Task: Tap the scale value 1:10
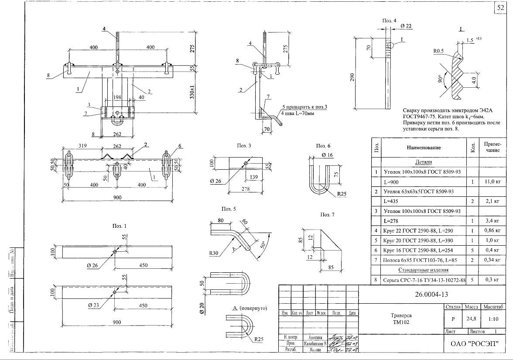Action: click(x=493, y=319)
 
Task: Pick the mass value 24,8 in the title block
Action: click(x=471, y=319)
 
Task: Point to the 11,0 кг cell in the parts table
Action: click(x=492, y=182)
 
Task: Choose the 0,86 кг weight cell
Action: click(x=492, y=230)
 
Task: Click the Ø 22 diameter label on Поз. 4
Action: click(x=406, y=27)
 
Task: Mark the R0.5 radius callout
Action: click(x=439, y=51)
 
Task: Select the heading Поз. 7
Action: click(x=327, y=215)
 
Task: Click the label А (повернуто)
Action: click(x=249, y=308)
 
